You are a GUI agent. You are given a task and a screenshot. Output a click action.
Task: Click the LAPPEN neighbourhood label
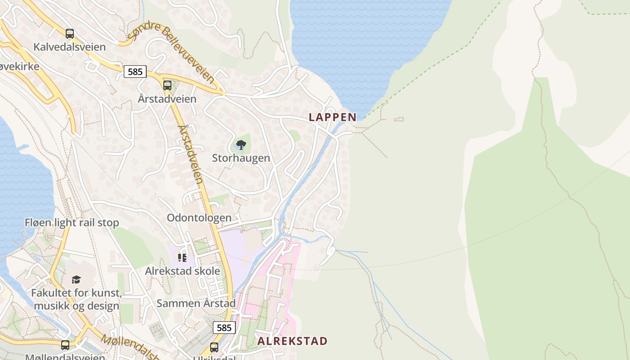click(x=333, y=117)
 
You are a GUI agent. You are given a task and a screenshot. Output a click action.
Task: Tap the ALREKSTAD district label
click(x=292, y=341)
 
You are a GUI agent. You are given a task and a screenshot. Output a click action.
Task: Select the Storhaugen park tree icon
click(x=241, y=144)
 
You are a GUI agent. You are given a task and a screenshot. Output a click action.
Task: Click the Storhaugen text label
click(x=241, y=158)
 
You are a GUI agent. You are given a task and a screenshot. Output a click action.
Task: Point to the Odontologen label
click(x=199, y=218)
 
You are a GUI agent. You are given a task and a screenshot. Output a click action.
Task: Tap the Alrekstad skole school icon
click(x=182, y=257)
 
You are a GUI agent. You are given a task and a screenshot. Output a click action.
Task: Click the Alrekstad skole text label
click(x=182, y=271)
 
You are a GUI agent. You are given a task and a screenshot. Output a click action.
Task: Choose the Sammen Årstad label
click(x=196, y=303)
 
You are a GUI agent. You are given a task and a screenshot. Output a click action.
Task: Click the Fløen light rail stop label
click(x=72, y=222)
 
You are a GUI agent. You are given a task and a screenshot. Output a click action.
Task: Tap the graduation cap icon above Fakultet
click(x=76, y=279)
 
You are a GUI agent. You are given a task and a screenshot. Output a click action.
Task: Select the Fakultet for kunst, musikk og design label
click(x=76, y=300)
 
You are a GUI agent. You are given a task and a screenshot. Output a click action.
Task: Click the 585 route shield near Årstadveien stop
click(x=135, y=72)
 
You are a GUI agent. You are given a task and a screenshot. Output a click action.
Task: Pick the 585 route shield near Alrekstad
click(x=224, y=328)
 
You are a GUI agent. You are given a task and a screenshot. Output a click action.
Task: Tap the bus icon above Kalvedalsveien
click(x=69, y=33)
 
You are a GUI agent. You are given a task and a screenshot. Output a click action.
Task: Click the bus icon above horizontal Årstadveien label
click(x=167, y=85)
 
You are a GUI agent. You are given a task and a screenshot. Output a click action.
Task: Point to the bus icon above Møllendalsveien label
click(x=65, y=345)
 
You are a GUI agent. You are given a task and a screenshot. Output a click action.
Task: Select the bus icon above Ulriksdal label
click(x=214, y=347)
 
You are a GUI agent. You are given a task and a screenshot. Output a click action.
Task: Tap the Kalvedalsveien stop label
click(x=69, y=47)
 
